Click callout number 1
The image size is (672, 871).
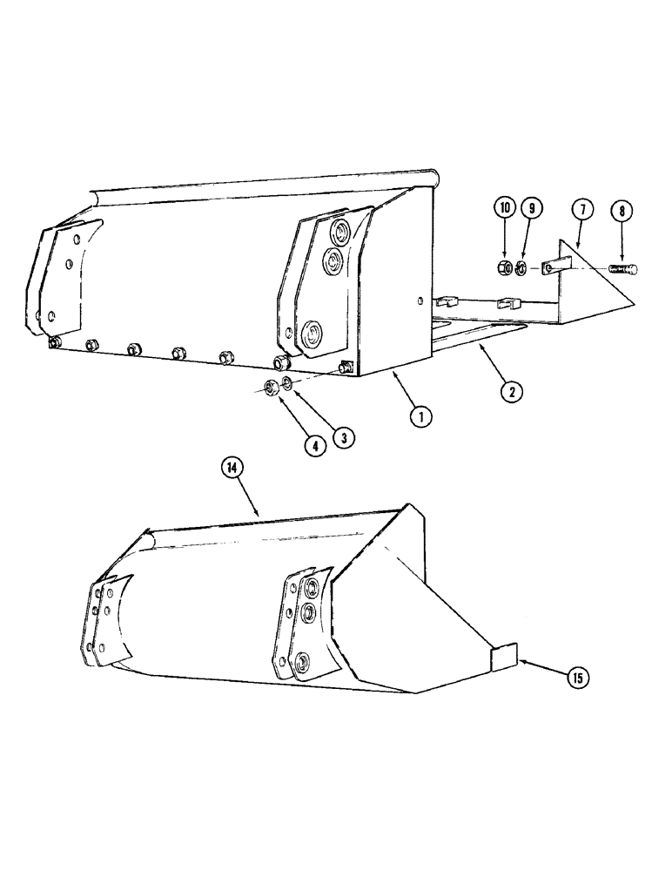tap(421, 417)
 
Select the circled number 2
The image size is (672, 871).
tap(512, 392)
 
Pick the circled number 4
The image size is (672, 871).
tap(315, 445)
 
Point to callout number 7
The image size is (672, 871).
tap(582, 210)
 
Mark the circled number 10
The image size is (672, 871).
tap(504, 210)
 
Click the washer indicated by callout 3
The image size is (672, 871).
tap(288, 386)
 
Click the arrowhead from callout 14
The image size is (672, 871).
tap(259, 515)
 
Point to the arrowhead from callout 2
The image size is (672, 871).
tap(479, 346)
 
